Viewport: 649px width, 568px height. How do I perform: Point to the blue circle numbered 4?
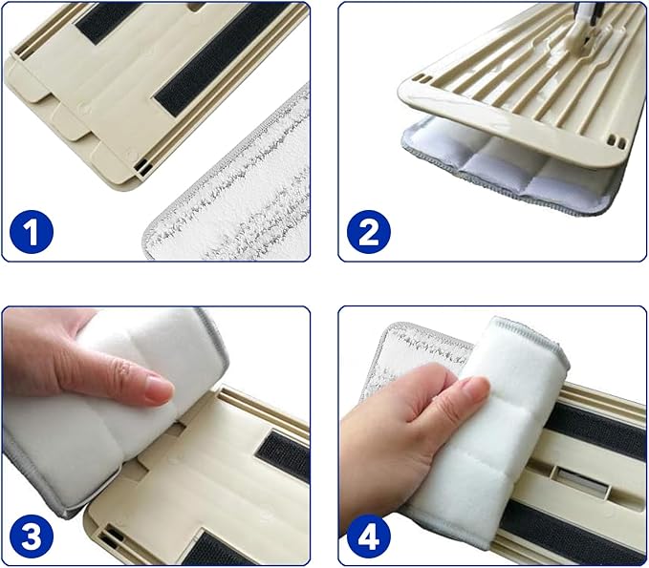tap(368, 536)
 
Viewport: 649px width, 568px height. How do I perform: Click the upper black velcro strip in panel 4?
tap(598, 429)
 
